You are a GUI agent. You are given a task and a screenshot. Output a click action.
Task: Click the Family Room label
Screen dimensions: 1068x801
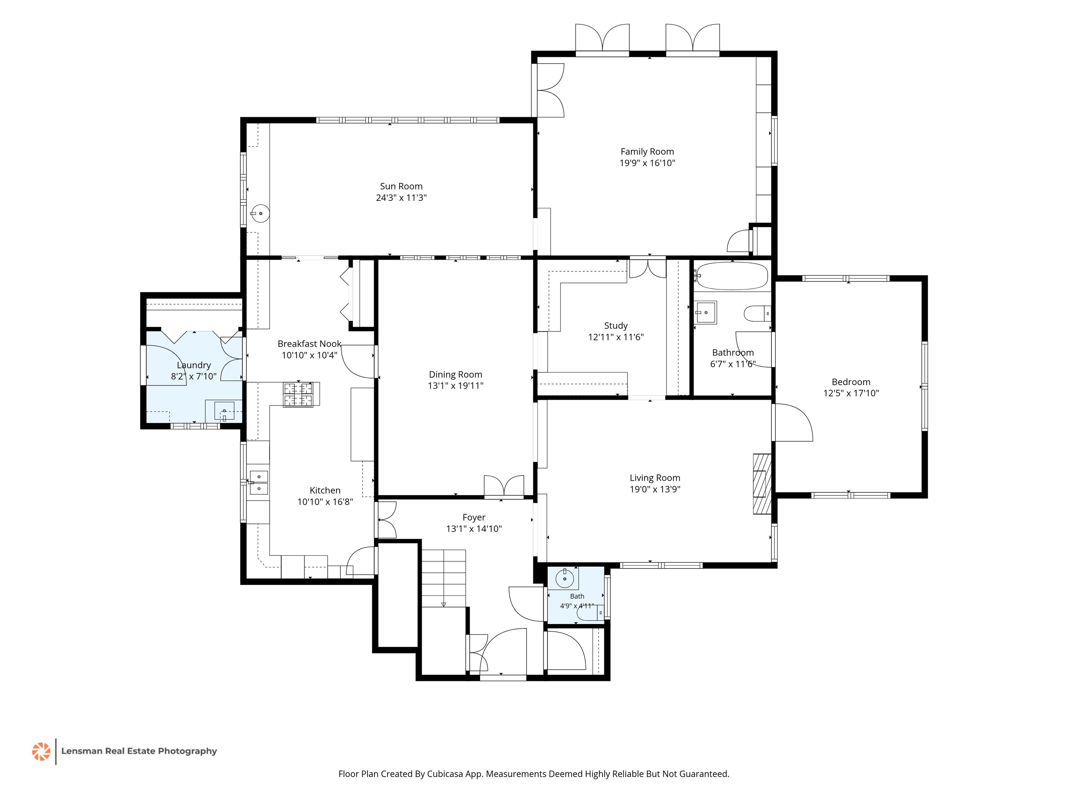coord(647,152)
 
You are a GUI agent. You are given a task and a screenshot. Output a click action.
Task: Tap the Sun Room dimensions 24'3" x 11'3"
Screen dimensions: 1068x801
coord(401,197)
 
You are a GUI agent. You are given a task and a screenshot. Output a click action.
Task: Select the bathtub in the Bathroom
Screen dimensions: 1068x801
coord(732,276)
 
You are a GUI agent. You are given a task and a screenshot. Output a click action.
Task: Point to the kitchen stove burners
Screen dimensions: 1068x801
coord(298,395)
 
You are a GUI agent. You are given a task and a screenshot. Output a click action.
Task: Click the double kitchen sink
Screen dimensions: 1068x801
coord(258,482)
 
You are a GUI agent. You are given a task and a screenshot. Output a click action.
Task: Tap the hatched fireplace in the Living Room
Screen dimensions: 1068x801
coord(762,483)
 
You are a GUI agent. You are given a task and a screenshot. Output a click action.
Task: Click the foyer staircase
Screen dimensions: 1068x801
coord(444,578)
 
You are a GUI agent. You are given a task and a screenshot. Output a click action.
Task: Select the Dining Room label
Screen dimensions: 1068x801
coord(455,375)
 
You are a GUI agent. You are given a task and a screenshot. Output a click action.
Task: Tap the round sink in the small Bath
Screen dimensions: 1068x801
coord(564,578)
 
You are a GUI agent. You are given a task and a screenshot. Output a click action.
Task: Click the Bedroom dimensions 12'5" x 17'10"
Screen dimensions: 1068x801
coord(851,393)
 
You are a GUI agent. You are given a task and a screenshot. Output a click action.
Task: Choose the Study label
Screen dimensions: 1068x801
coord(616,326)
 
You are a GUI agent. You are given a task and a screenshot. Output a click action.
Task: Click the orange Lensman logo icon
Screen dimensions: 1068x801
coord(41,751)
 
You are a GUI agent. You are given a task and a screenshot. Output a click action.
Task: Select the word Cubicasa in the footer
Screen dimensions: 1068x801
coord(445,774)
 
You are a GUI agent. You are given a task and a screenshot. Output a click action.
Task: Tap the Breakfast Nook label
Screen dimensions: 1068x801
coord(309,344)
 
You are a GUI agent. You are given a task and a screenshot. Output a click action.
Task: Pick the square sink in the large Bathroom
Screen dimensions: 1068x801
coord(705,313)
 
